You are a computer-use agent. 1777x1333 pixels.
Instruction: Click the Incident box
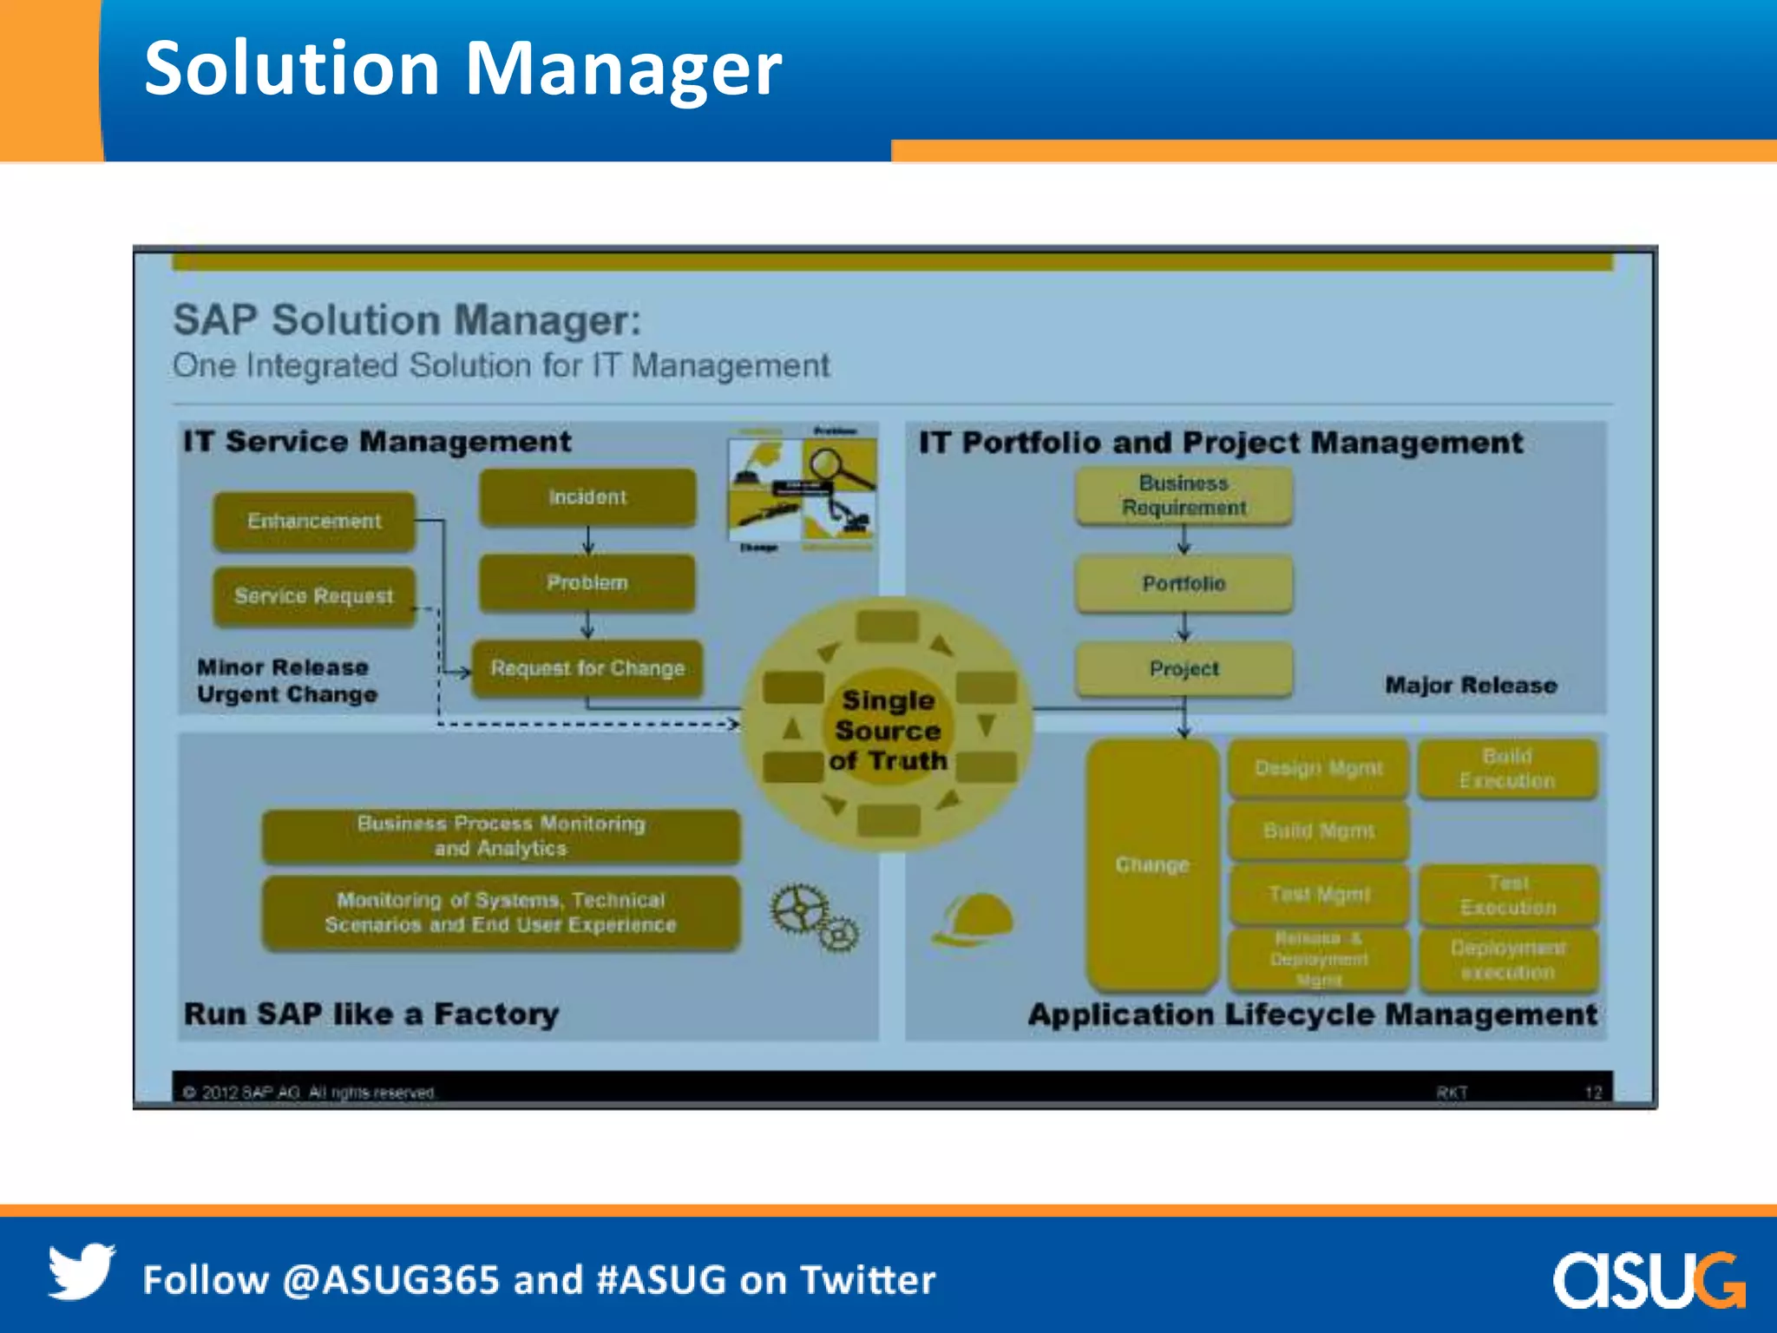587,497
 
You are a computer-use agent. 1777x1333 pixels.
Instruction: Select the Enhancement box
314,521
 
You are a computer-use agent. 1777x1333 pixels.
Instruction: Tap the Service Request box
314,596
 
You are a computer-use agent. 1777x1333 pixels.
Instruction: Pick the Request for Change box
587,668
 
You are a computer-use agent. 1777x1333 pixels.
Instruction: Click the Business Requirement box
1184,496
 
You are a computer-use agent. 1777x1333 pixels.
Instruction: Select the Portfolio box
1184,584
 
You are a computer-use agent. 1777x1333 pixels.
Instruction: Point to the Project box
1184,669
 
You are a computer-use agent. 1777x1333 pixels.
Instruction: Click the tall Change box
1152,864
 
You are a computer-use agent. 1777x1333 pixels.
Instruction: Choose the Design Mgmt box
1318,768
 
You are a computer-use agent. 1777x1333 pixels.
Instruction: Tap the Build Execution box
1507,769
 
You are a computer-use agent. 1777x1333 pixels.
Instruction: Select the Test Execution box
1508,895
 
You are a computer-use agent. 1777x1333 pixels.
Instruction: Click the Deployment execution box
1508,960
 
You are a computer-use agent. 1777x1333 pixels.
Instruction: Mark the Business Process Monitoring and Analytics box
501,836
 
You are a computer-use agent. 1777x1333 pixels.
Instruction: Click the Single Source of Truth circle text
888,730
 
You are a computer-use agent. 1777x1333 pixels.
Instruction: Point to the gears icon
814,919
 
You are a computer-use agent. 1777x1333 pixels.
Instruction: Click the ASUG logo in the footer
1648,1279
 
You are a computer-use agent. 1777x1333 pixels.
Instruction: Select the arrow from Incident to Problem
587,541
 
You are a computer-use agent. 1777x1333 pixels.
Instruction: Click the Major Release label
1470,686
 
